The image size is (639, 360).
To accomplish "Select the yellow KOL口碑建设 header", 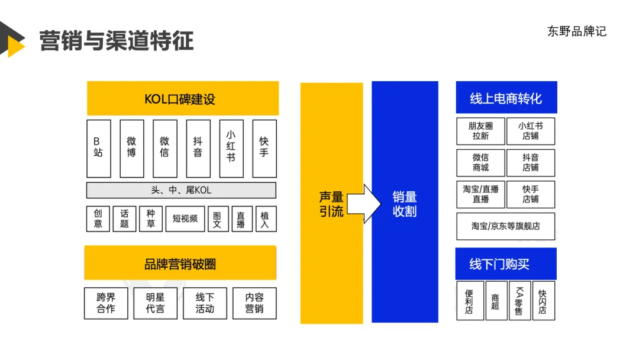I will (182, 98).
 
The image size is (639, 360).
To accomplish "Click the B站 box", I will (98, 148).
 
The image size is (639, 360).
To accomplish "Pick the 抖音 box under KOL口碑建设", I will (198, 148).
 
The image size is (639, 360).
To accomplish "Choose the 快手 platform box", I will (264, 148).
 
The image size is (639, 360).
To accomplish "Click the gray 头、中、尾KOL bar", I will (181, 190).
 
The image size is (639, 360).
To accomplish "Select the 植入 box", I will (264, 218).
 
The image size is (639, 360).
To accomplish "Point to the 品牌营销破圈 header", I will (180, 263).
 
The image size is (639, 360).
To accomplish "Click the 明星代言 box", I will (155, 303).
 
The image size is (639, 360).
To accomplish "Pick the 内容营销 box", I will (254, 303).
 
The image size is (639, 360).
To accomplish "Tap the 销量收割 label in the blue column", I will (405, 204).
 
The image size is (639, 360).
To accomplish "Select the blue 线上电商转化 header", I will (506, 98).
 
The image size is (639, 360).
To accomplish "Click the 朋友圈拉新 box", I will (480, 131).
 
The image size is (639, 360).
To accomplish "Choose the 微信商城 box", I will (480, 163).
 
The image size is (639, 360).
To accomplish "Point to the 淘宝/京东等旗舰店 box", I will (505, 226).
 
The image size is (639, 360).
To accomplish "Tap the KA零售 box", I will (519, 301).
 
